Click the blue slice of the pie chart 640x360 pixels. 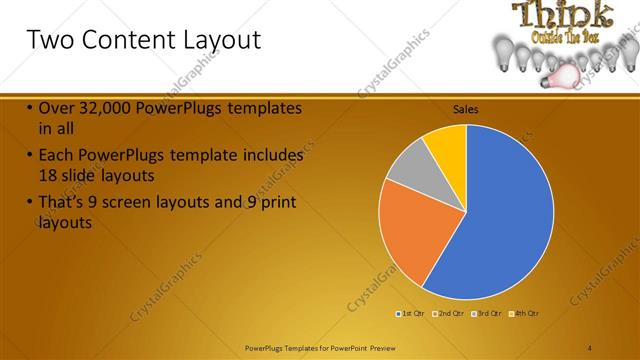505,210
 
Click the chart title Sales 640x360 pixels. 466,108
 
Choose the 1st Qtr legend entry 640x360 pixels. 410,314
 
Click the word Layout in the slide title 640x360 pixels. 213,41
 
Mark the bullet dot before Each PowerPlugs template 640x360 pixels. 30,156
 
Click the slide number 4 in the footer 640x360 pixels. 590,347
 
